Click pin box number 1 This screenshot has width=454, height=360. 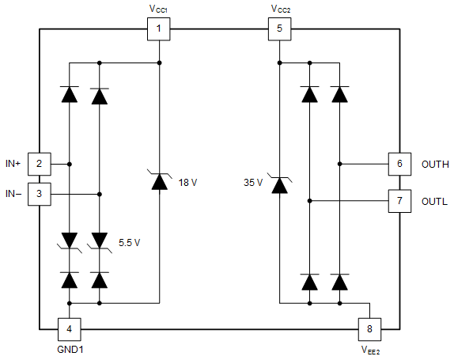[159, 30]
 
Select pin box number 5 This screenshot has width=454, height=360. [278, 30]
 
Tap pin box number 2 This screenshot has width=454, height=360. [40, 164]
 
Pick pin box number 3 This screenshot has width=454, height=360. [40, 193]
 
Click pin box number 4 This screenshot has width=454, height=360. [70, 328]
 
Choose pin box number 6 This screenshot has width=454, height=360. [399, 164]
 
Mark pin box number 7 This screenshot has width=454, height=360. [399, 200]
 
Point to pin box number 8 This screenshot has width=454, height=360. [369, 328]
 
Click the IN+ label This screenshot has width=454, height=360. [13, 164]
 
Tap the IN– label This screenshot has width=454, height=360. [13, 193]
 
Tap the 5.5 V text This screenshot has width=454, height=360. [129, 241]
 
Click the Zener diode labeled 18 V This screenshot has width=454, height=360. [159, 182]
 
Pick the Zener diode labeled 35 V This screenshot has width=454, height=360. [278, 185]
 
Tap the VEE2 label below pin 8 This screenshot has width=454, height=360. [369, 348]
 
